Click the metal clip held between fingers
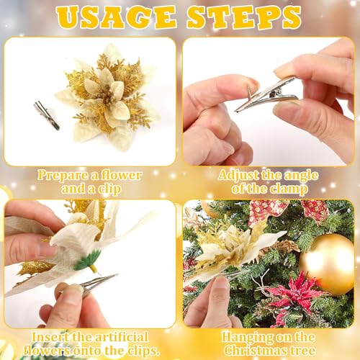click(x=265, y=94)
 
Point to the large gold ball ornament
click(x=328, y=264)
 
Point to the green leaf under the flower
click(x=88, y=260)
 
